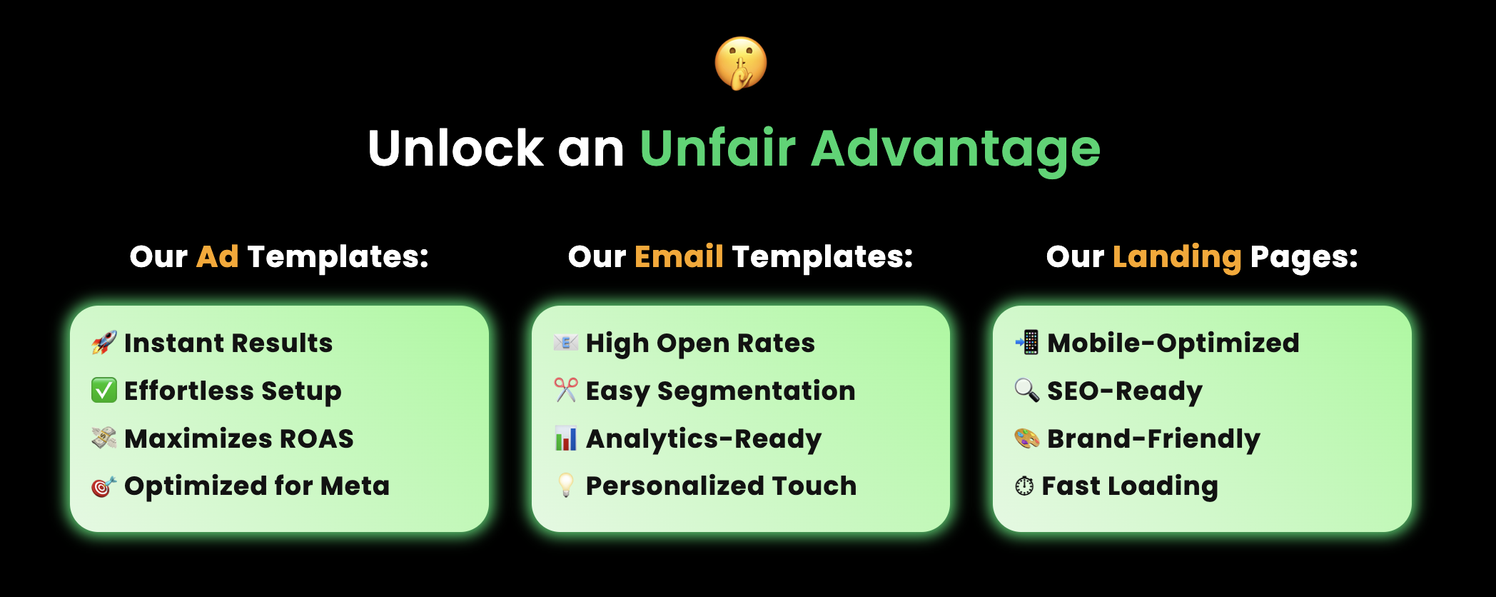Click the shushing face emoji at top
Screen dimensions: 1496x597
(741, 64)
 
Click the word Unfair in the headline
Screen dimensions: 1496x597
(717, 149)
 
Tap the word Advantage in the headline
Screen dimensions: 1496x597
(956, 151)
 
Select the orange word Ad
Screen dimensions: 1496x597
(218, 256)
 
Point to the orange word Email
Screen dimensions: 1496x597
(679, 256)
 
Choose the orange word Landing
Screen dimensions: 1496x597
(1177, 259)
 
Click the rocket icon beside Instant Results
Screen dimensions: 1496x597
(104, 343)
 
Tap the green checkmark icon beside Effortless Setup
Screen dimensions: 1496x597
(104, 391)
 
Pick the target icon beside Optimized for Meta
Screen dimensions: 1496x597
(104, 486)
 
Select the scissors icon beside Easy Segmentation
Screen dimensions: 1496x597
(566, 390)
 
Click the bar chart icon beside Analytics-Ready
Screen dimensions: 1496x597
(566, 438)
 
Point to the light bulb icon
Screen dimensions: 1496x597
(566, 486)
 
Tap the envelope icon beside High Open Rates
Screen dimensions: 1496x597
(566, 343)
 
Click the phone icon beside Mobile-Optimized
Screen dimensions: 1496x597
(1027, 343)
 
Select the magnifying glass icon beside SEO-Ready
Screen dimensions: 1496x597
(1027, 390)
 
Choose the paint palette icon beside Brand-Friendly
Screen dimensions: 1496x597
(1027, 438)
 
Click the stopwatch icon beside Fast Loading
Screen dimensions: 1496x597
(1024, 486)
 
